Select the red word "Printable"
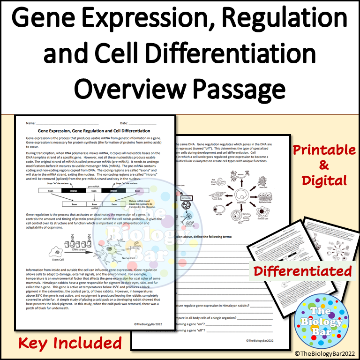(x=323, y=150)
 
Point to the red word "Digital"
(x=323, y=180)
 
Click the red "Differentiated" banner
(x=303, y=271)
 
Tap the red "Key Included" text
(x=70, y=343)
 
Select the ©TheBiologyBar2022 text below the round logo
(x=324, y=352)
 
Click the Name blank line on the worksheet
(x=66, y=123)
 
